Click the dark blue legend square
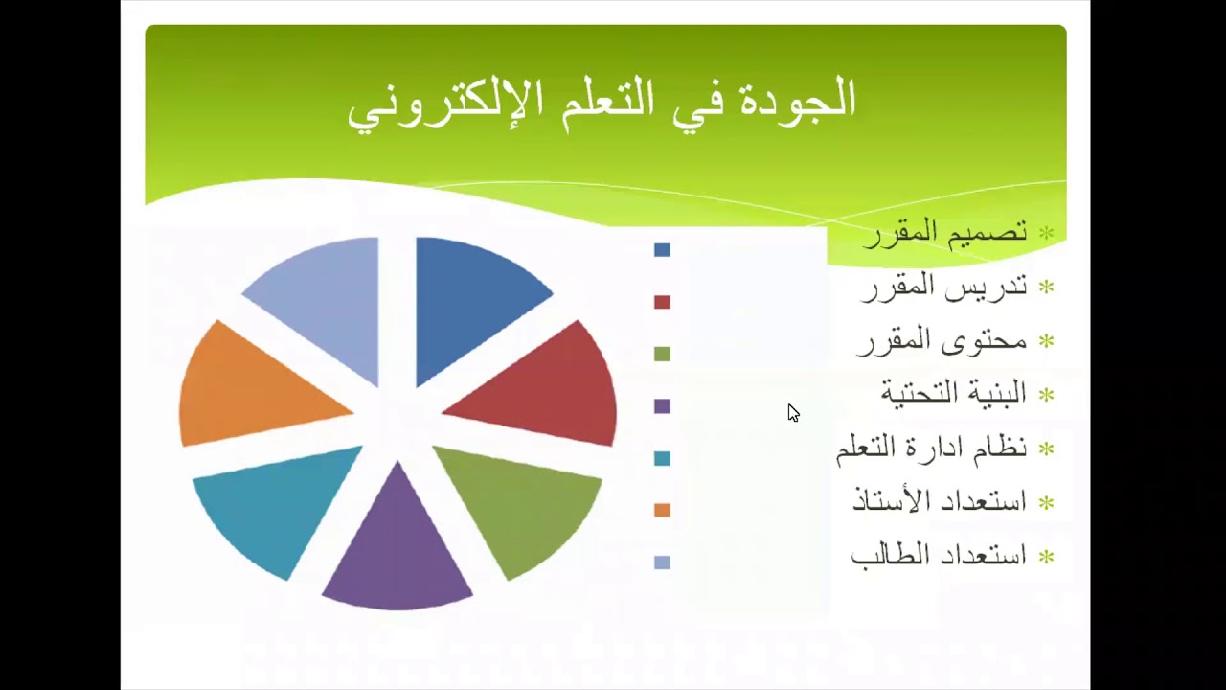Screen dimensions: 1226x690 (662, 250)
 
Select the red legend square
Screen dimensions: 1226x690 (662, 302)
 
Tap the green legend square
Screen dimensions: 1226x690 (662, 355)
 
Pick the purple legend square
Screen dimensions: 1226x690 (662, 406)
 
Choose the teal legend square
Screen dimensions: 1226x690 (662, 458)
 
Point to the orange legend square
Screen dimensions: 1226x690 (662, 511)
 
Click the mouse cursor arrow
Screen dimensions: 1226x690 (793, 413)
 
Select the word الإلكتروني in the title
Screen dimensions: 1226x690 (432, 106)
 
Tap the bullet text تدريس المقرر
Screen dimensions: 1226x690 (944, 287)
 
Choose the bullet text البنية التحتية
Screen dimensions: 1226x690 (953, 393)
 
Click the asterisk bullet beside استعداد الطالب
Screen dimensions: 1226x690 (1047, 558)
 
